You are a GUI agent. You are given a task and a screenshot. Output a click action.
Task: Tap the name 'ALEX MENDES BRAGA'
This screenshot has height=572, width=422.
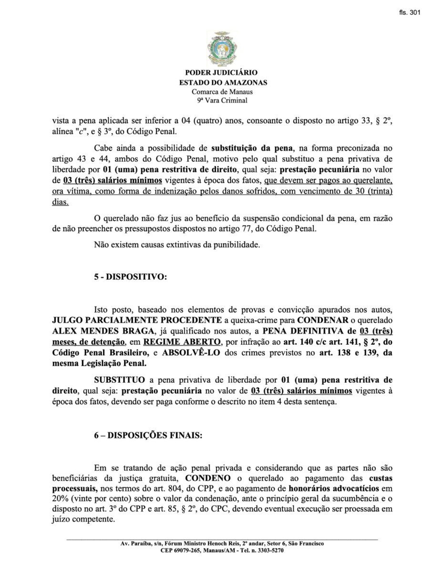pos(92,331)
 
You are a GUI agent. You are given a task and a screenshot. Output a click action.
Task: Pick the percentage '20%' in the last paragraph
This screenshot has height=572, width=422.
pos(61,499)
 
